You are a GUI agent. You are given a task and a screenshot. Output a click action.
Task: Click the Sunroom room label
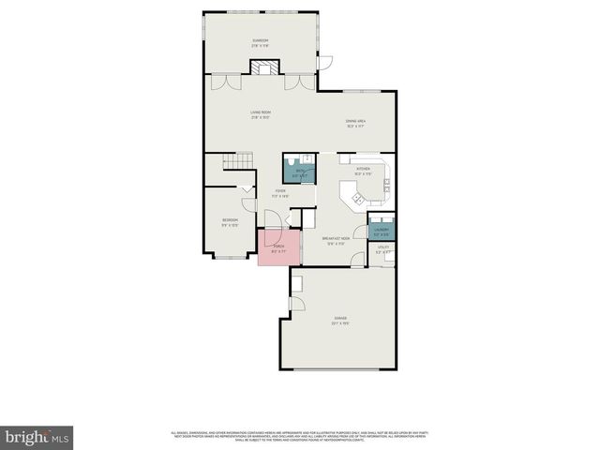click(260, 42)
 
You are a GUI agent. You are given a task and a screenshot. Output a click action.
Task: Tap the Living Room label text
click(260, 114)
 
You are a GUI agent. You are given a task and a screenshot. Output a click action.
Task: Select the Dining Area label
click(355, 122)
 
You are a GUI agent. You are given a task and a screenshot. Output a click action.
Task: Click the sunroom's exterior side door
click(326, 62)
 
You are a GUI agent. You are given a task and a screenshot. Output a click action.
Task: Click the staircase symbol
click(238, 163)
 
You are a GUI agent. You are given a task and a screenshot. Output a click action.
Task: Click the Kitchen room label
click(364, 171)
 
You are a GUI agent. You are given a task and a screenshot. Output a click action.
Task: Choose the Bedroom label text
click(231, 222)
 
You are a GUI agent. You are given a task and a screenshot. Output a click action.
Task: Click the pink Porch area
click(279, 249)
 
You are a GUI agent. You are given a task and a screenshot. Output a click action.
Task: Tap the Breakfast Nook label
click(336, 241)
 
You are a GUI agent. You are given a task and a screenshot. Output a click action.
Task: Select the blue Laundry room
click(382, 231)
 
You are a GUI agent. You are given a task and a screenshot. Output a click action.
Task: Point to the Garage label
click(339, 322)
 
